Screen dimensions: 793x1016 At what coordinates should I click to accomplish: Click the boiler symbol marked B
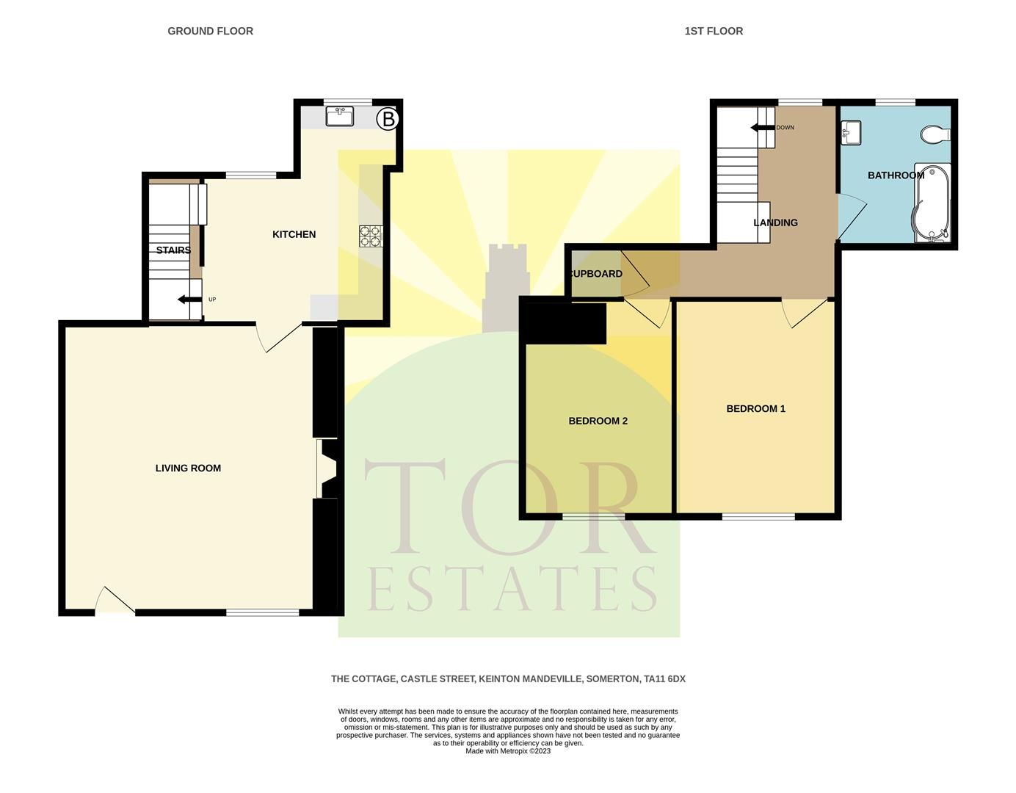click(x=388, y=119)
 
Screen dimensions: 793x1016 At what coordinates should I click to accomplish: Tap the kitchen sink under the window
click(x=340, y=115)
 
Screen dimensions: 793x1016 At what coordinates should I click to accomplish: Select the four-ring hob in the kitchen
click(x=370, y=235)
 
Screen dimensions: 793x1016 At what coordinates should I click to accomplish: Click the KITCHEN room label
click(x=294, y=234)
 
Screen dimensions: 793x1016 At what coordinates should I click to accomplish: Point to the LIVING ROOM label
click(x=188, y=468)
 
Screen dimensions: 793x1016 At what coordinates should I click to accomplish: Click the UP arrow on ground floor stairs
click(x=189, y=299)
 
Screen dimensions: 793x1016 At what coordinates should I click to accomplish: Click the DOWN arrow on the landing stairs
click(x=763, y=128)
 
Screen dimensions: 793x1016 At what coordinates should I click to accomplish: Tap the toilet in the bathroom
click(x=935, y=134)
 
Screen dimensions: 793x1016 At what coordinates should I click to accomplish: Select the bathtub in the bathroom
click(x=931, y=203)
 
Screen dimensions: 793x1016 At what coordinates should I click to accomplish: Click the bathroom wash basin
click(x=852, y=132)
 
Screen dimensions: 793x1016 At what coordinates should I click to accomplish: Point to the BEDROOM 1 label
click(x=755, y=408)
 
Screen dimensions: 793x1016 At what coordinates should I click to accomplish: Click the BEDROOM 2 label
click(x=598, y=421)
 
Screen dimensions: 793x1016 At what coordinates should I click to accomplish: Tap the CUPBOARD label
click(x=596, y=274)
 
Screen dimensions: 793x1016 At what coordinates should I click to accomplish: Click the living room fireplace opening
click(x=326, y=468)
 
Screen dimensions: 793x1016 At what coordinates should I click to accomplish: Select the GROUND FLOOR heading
click(x=210, y=31)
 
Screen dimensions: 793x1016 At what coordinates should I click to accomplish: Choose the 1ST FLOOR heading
click(x=714, y=31)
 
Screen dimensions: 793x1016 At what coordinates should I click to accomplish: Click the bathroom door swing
click(x=850, y=217)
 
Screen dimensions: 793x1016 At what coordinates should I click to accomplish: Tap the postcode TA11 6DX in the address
click(x=664, y=679)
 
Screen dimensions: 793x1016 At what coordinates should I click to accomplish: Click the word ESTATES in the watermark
click(x=512, y=590)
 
